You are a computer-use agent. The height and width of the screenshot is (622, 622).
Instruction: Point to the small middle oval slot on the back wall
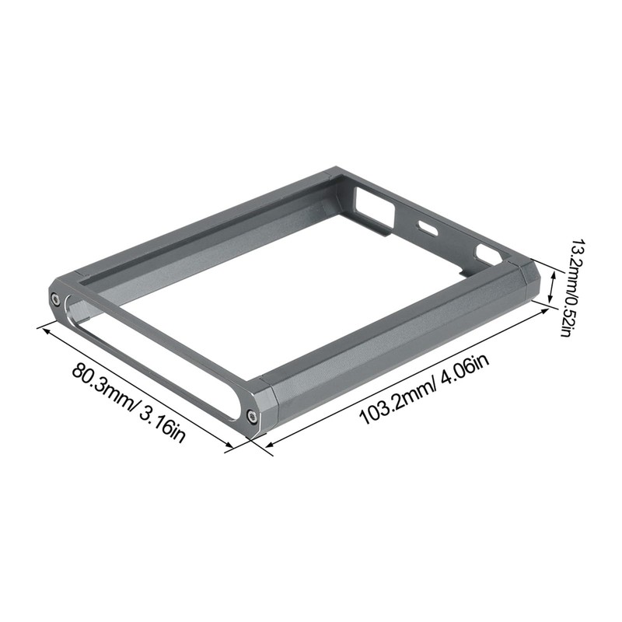(427, 229)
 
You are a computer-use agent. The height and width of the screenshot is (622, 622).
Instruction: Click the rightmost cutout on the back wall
(487, 253)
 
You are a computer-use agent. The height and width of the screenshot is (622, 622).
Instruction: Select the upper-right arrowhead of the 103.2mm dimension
(546, 308)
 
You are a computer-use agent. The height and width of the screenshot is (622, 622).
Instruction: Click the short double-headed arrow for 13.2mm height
(553, 287)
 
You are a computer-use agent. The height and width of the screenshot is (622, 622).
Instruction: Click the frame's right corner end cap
(528, 279)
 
